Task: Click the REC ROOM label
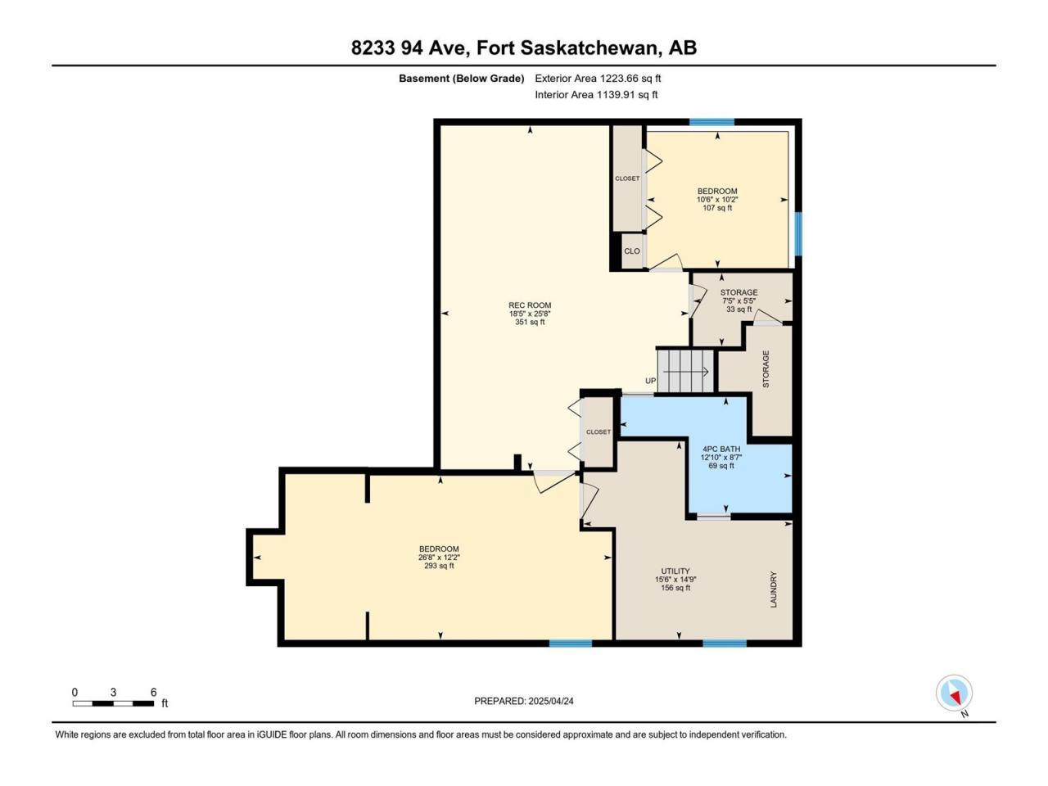pyautogui.click(x=530, y=305)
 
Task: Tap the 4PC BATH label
pyautogui.click(x=721, y=449)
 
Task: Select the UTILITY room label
pyautogui.click(x=675, y=571)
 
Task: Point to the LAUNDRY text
pyautogui.click(x=774, y=589)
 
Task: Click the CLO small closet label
pyautogui.click(x=631, y=251)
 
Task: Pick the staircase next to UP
pyautogui.click(x=685, y=371)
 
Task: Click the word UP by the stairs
pyautogui.click(x=650, y=381)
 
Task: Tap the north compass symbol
pyautogui.click(x=954, y=693)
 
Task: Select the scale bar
pyautogui.click(x=113, y=703)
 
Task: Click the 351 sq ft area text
pyautogui.click(x=530, y=322)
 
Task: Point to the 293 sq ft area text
pyautogui.click(x=439, y=566)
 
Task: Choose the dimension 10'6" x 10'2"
pyautogui.click(x=717, y=200)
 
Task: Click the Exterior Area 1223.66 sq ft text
pyautogui.click(x=598, y=79)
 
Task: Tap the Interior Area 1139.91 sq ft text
pyautogui.click(x=596, y=94)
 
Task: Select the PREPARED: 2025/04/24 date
pyautogui.click(x=524, y=701)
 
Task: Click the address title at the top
pyautogui.click(x=524, y=47)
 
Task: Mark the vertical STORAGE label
pyautogui.click(x=766, y=369)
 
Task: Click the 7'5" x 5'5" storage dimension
pyautogui.click(x=739, y=300)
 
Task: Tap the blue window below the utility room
pyautogui.click(x=725, y=644)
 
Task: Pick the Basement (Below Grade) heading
pyautogui.click(x=461, y=79)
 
